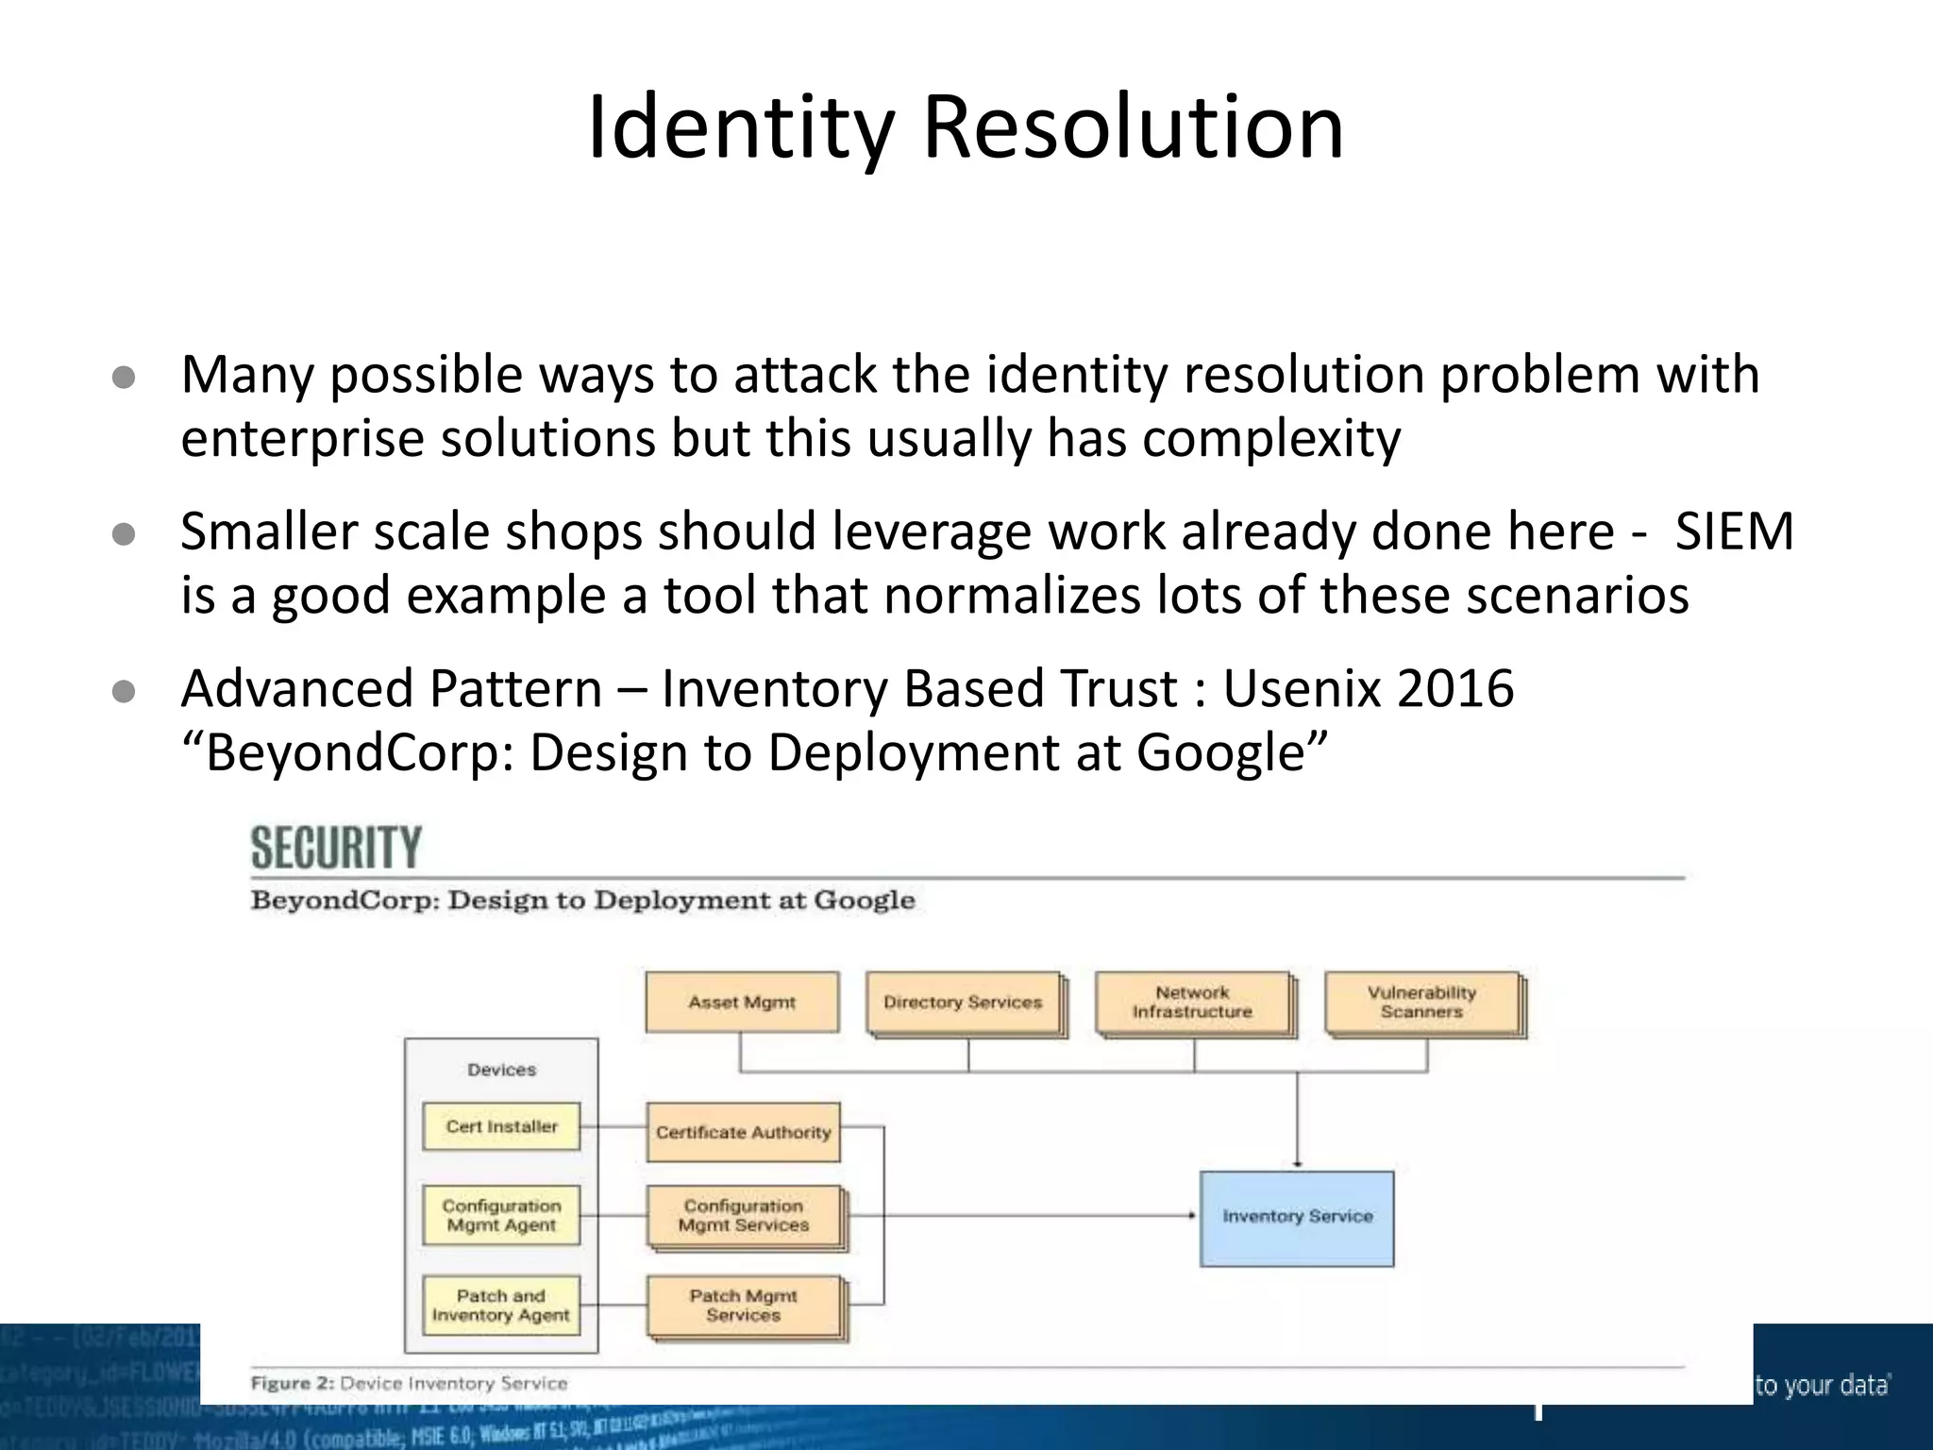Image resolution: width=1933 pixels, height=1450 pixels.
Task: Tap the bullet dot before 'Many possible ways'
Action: click(124, 379)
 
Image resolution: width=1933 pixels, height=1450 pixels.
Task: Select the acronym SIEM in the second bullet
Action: click(1734, 531)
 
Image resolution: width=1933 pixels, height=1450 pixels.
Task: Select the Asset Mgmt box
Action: click(742, 1003)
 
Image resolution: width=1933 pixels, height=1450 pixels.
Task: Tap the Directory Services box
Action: click(963, 1003)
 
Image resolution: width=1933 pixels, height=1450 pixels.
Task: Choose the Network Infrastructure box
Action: click(1192, 1003)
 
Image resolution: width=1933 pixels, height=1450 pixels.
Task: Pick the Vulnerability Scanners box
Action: click(1421, 1003)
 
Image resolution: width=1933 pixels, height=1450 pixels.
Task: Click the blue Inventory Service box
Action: click(1297, 1218)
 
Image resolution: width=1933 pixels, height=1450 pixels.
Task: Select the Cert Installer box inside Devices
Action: click(501, 1126)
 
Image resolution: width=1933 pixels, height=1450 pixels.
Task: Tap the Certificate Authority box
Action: click(743, 1132)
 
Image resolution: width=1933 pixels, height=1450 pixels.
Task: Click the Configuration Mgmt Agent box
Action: click(501, 1216)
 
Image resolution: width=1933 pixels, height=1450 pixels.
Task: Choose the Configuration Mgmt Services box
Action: click(743, 1216)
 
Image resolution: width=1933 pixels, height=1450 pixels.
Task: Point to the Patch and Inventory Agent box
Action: click(501, 1306)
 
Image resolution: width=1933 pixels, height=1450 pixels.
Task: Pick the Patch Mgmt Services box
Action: click(743, 1306)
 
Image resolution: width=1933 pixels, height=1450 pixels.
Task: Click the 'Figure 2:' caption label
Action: click(292, 1384)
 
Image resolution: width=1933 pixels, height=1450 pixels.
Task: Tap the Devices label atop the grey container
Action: click(501, 1070)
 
